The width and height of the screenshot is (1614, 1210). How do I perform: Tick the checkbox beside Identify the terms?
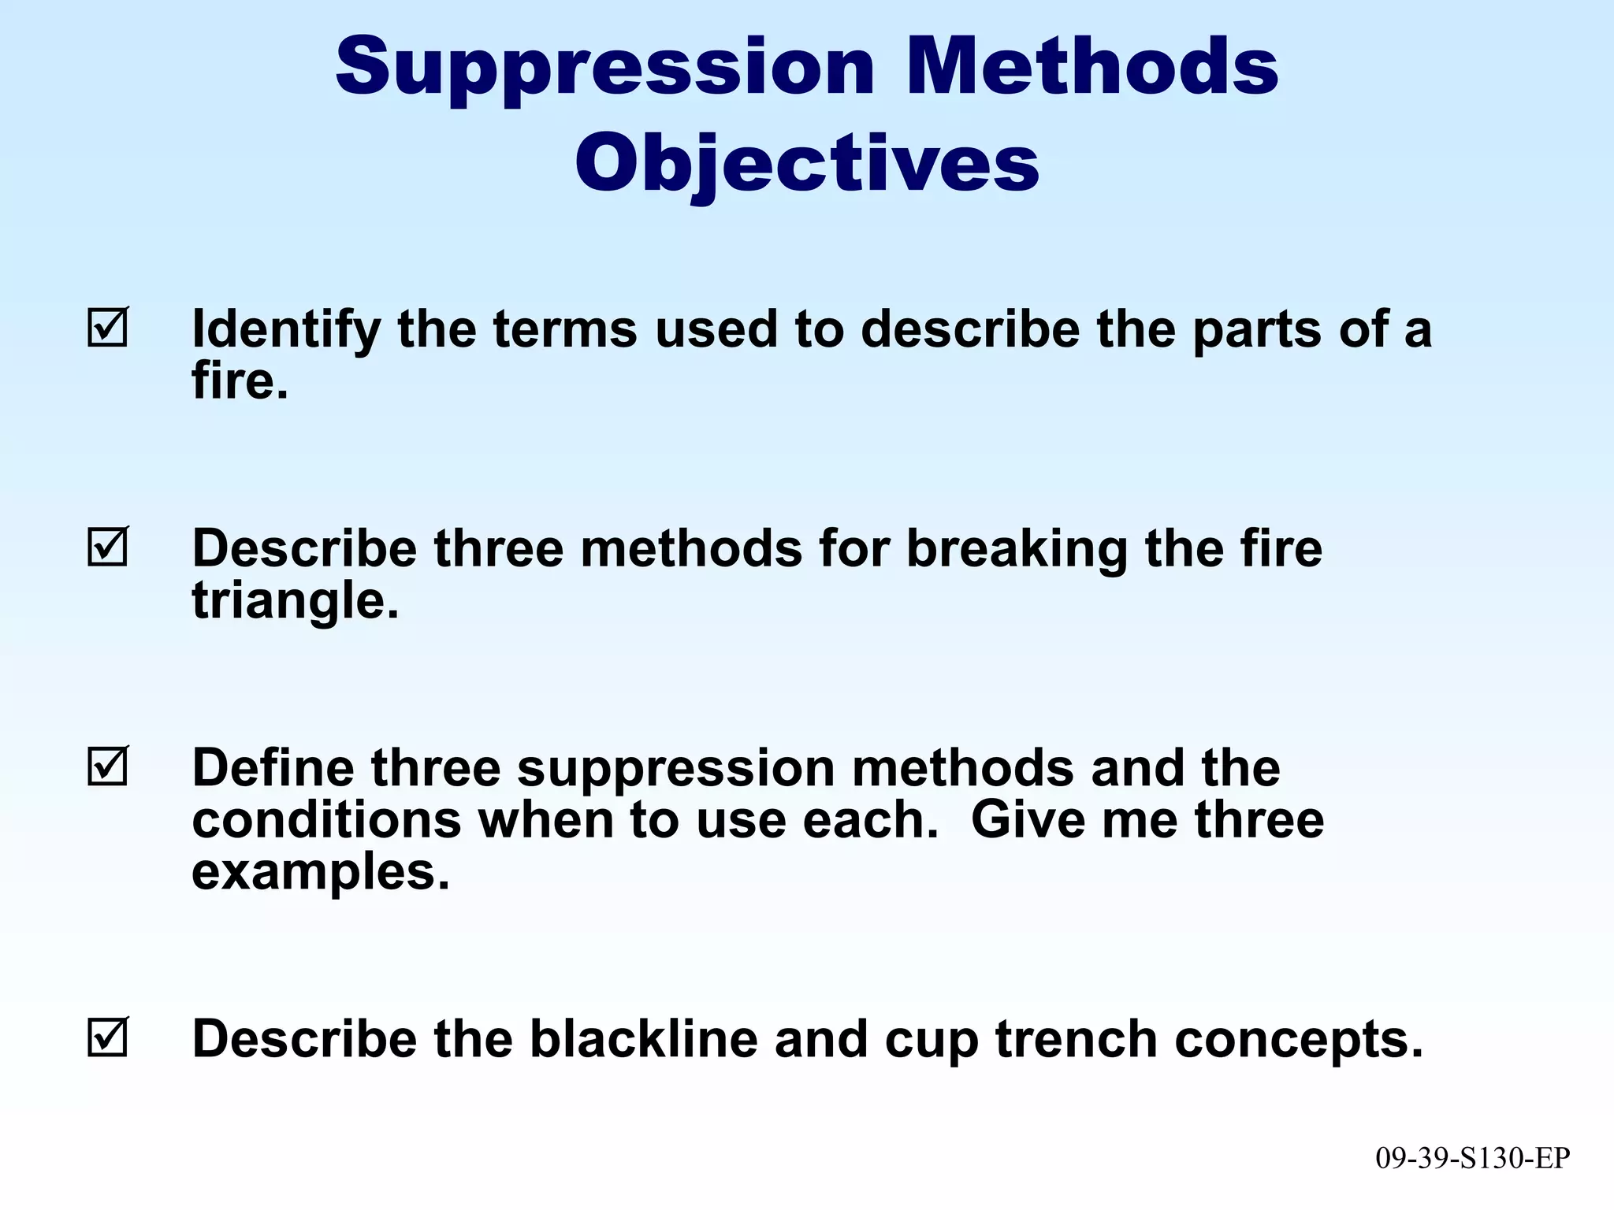tap(107, 328)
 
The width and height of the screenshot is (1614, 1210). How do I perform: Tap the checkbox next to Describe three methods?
tap(107, 547)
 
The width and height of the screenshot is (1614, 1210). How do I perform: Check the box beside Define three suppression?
tap(107, 766)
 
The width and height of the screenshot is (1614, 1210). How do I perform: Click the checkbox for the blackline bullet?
tap(107, 1037)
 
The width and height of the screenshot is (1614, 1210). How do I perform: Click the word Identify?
tap(286, 329)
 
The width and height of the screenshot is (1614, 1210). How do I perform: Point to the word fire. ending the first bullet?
tap(240, 381)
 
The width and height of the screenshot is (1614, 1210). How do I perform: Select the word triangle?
tap(295, 602)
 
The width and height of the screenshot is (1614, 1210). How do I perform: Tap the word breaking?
tap(1017, 549)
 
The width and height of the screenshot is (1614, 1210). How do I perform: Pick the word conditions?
tap(326, 820)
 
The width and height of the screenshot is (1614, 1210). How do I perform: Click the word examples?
tap(320, 873)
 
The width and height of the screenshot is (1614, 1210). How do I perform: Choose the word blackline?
tap(642, 1039)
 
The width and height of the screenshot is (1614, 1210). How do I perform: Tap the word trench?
tap(1076, 1039)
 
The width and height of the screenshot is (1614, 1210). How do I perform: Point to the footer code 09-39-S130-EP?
tap(1472, 1158)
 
